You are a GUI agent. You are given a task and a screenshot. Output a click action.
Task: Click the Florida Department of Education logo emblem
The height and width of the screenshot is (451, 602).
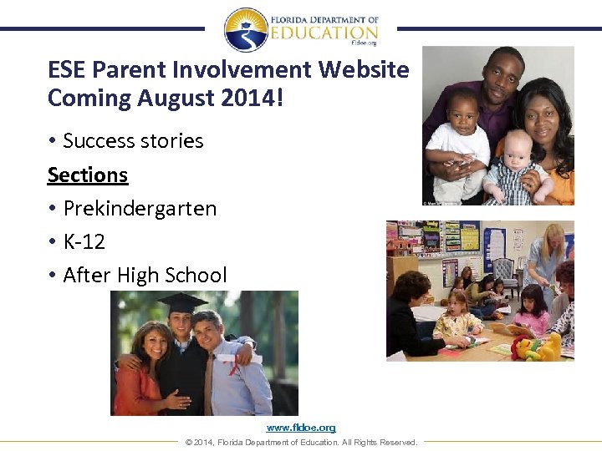point(246,30)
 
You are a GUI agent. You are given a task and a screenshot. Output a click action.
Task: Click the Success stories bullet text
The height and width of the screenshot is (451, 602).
point(133,140)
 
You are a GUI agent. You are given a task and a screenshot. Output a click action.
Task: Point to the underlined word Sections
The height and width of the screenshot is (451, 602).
point(88,175)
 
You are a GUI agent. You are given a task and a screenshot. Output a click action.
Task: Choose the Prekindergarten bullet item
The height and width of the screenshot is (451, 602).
point(140,208)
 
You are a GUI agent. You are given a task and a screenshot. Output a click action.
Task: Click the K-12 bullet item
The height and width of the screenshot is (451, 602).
point(85,241)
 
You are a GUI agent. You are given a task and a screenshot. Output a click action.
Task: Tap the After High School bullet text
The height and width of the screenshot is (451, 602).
point(145,275)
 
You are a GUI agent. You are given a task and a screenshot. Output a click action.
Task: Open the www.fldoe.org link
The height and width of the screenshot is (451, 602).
point(301,428)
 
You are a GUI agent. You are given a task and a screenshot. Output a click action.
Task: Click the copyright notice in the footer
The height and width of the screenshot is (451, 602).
point(301,442)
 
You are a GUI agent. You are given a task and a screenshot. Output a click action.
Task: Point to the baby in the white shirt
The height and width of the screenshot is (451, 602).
point(456,142)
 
